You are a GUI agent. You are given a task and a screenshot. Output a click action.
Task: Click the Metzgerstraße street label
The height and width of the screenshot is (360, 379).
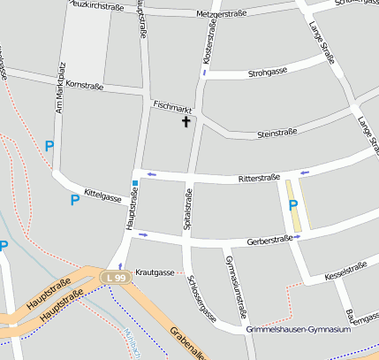click(222, 14)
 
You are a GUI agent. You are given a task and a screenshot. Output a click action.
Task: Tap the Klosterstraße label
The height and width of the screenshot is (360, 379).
click(210, 42)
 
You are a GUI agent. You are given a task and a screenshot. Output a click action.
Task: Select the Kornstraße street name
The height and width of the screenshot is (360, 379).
click(85, 85)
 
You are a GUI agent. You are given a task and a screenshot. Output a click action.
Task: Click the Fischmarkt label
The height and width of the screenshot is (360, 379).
click(171, 104)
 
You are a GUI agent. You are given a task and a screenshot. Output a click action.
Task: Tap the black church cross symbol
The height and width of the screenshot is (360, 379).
click(186, 121)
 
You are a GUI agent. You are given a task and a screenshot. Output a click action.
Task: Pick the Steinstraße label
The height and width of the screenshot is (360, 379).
click(276, 134)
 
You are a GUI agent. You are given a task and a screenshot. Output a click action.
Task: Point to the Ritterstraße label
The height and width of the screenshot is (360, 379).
click(259, 179)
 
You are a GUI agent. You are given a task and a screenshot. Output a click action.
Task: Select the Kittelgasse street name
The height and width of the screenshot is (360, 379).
click(102, 194)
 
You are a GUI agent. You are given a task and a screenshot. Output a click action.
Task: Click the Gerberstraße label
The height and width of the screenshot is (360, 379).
click(269, 240)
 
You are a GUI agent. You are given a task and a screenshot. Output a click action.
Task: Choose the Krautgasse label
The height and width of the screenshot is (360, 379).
click(155, 272)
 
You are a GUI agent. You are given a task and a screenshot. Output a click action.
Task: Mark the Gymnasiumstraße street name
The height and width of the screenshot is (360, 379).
click(235, 287)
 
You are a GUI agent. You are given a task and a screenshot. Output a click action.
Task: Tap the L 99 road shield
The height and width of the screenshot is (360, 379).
click(116, 278)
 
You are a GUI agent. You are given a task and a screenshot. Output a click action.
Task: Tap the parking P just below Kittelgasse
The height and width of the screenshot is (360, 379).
click(74, 200)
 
